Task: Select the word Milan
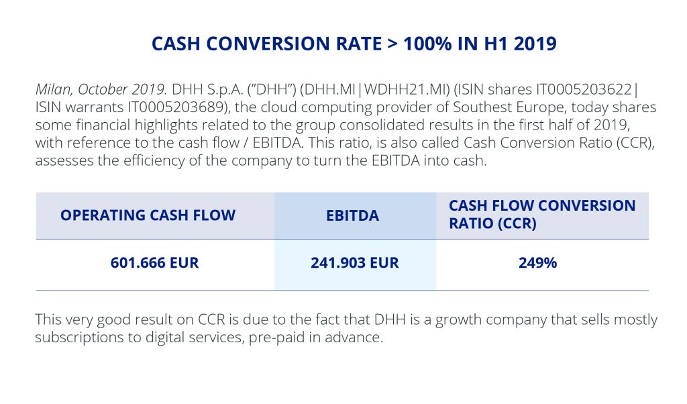[x=52, y=89]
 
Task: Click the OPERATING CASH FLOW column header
[x=148, y=215]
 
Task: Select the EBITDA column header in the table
[x=355, y=215]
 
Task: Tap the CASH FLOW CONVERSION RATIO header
[x=542, y=215]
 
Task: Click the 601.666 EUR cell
[x=155, y=263]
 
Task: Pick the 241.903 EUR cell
[x=355, y=263]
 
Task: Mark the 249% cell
[x=537, y=263]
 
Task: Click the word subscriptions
[x=76, y=337]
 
